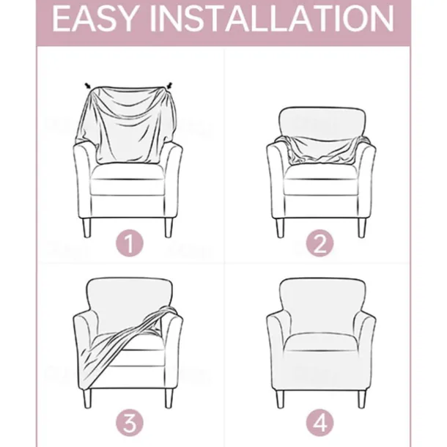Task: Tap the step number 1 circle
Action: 130,243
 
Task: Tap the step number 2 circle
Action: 319,243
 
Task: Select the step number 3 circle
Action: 130,423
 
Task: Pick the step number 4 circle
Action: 319,423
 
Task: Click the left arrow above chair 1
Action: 88,86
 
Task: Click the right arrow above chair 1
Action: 169,86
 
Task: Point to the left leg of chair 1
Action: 87,227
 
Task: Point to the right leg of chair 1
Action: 169,227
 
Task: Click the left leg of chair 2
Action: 280,227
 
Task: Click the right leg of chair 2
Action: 362,227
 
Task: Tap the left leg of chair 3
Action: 87,399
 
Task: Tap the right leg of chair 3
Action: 169,399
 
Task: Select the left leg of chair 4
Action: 280,399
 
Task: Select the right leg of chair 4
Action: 362,399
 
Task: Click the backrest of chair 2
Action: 322,123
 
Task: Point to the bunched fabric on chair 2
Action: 322,150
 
